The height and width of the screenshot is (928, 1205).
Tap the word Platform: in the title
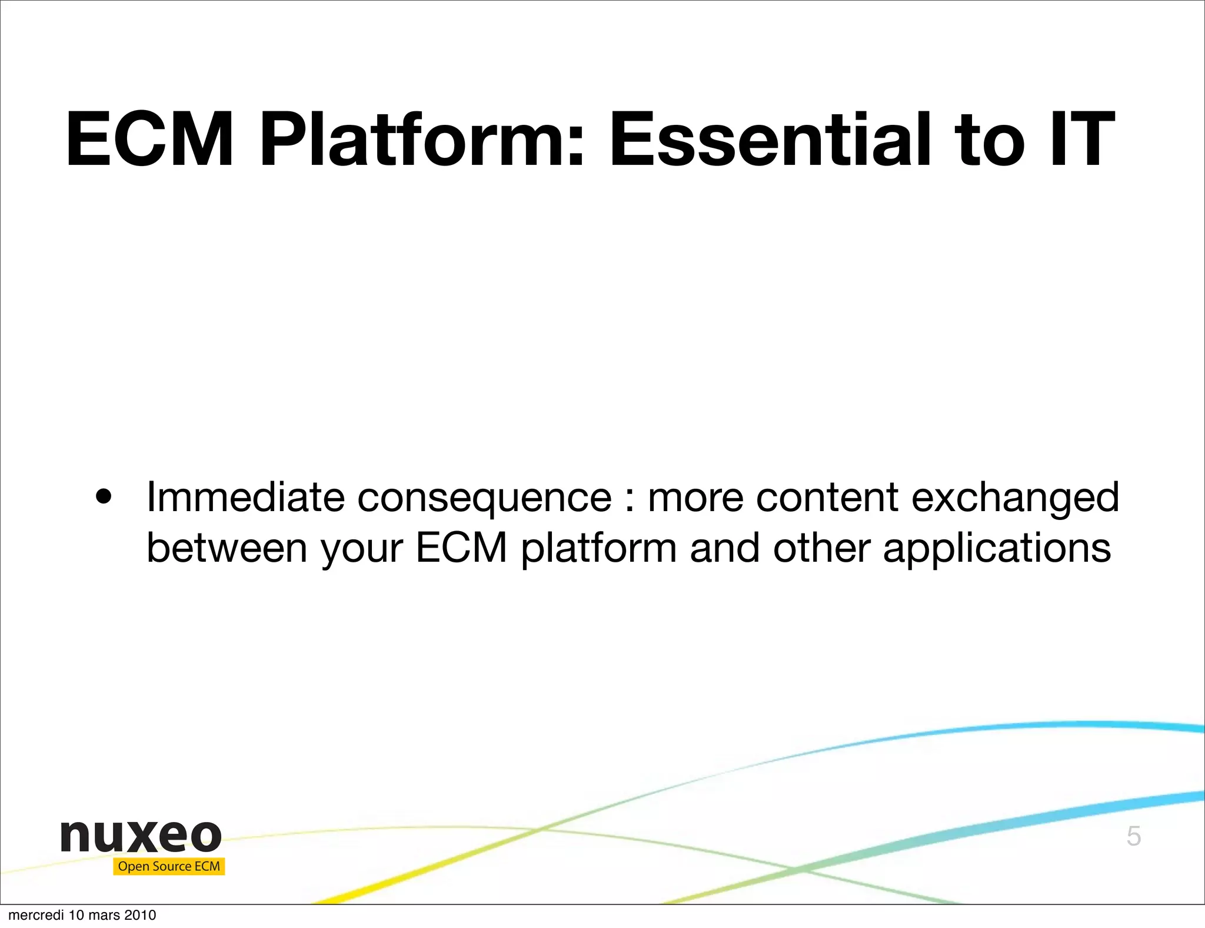click(x=422, y=141)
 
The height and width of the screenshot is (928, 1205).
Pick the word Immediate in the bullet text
click(x=245, y=498)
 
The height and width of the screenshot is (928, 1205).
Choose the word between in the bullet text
click(x=227, y=548)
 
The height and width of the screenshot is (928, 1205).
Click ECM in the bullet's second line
click(x=461, y=548)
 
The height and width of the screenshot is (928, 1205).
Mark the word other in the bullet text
click(x=821, y=548)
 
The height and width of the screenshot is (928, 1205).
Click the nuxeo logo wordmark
click(x=141, y=836)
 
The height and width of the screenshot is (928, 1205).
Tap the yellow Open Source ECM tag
click(x=169, y=866)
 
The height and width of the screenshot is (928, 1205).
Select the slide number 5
click(x=1134, y=836)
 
